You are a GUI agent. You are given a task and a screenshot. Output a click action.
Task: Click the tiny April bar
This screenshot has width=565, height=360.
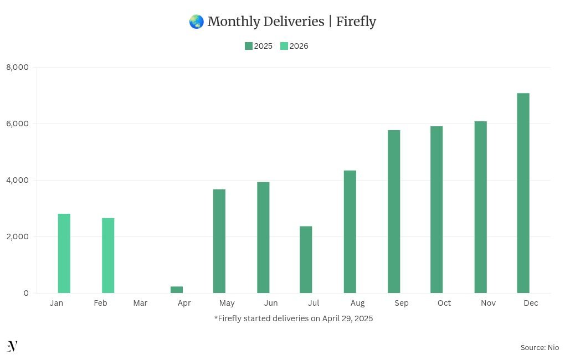tap(177, 290)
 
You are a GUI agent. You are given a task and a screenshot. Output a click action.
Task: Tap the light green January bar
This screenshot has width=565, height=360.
tap(64, 253)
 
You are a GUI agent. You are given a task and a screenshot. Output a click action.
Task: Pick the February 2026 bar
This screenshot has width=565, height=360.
tap(108, 255)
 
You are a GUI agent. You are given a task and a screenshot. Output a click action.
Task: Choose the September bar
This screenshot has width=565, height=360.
tap(394, 212)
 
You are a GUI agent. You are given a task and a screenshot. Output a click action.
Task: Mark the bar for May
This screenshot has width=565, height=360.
tap(219, 241)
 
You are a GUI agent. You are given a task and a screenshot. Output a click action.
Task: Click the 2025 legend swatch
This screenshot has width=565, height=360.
tap(249, 46)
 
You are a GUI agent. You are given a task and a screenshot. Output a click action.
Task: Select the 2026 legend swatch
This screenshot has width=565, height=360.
tap(284, 46)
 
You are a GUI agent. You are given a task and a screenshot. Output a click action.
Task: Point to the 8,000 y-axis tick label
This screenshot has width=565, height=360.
tap(17, 67)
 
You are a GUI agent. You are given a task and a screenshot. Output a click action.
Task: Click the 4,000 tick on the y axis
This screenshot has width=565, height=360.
tap(17, 180)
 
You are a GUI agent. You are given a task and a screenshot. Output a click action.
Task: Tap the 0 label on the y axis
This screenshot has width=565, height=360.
tap(26, 293)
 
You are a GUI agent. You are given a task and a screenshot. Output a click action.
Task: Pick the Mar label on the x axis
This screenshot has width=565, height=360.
tap(140, 303)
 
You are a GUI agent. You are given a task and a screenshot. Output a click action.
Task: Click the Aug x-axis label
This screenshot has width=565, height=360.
tap(357, 303)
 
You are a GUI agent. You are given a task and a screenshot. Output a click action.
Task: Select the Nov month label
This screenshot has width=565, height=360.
tap(488, 303)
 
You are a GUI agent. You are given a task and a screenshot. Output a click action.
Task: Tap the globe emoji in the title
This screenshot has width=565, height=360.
tap(196, 22)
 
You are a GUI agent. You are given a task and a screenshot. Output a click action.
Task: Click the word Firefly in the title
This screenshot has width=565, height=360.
tap(356, 22)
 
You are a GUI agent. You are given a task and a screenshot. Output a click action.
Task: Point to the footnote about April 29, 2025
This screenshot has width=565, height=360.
tap(294, 318)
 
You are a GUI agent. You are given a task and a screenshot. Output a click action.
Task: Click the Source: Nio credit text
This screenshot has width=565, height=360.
tap(540, 347)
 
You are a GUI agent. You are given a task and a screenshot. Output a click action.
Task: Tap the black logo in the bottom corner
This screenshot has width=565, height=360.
tap(12, 346)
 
